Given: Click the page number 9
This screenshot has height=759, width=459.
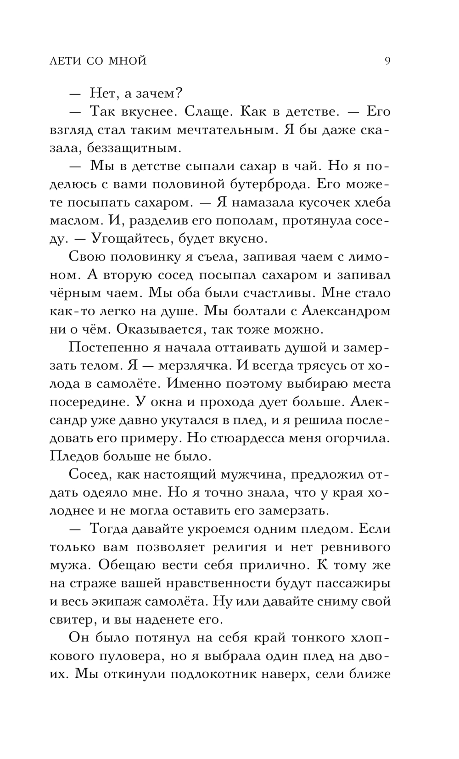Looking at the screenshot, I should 387,61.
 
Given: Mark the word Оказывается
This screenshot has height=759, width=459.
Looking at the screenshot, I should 162,329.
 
